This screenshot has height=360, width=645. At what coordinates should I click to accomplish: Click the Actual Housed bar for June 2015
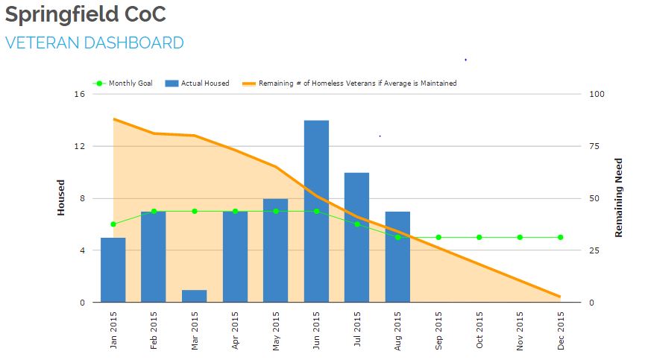click(x=316, y=211)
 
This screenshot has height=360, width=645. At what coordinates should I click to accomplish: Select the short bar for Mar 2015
click(x=194, y=296)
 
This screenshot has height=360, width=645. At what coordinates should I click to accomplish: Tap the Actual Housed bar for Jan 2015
click(x=113, y=270)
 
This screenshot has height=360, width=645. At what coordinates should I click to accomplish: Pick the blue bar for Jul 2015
click(x=356, y=237)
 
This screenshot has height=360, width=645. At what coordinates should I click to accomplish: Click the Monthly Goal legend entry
click(x=123, y=83)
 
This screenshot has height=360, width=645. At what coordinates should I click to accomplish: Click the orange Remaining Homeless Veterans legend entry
click(x=350, y=83)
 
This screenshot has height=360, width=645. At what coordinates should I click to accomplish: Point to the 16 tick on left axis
click(x=79, y=94)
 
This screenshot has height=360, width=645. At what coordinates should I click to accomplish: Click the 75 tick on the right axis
click(x=595, y=146)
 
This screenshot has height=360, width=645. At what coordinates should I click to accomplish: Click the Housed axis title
click(x=62, y=198)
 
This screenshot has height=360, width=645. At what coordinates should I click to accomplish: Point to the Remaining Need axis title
click(x=618, y=198)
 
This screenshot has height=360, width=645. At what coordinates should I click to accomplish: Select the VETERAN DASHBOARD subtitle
click(x=95, y=43)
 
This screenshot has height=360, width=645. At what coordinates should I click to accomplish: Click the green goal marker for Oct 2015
click(x=479, y=237)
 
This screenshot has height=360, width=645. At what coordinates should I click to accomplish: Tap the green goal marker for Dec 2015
click(x=560, y=237)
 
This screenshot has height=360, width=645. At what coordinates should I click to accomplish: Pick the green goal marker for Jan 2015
click(x=113, y=224)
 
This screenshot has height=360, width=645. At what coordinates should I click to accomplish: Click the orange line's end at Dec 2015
click(x=559, y=297)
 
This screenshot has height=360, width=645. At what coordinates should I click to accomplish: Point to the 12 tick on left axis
click(x=79, y=146)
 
